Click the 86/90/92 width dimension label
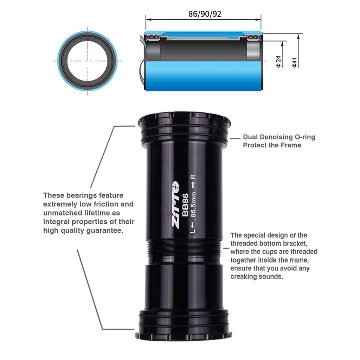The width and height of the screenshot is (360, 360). (205, 14)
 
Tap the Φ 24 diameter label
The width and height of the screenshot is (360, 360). (278, 62)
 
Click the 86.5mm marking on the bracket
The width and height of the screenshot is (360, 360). (194, 204)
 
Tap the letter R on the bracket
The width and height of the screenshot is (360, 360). (193, 176)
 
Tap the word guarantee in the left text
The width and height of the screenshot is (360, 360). (105, 231)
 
